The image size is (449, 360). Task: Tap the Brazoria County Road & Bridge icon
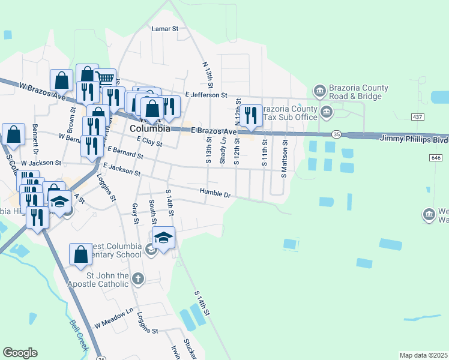320,91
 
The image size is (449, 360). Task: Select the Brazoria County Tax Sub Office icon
326,111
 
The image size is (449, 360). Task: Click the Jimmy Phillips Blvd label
414,139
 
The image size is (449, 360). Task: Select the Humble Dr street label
215,194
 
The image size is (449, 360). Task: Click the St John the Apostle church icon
138,278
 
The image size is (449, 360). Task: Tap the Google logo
20,353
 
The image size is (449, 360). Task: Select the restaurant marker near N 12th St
252,114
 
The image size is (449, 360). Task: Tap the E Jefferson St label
206,95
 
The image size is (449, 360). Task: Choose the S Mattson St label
285,160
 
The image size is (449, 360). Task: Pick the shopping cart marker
105,79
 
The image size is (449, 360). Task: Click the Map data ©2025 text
423,355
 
